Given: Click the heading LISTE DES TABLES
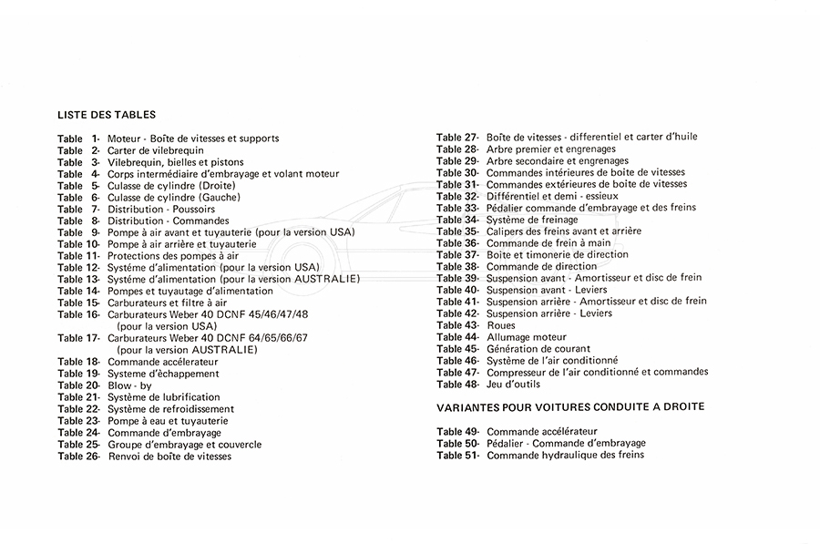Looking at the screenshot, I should [x=106, y=116].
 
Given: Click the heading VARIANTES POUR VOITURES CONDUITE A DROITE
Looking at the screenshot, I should [x=569, y=406].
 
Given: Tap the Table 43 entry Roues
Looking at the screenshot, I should [x=500, y=325].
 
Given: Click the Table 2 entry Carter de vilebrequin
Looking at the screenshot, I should [x=155, y=150].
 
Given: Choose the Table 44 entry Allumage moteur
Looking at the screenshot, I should [x=526, y=337].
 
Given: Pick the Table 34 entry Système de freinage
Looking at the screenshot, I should [x=532, y=220].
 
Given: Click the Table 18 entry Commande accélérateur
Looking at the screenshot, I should [x=163, y=362].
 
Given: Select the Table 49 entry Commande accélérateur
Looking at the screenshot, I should [x=542, y=431].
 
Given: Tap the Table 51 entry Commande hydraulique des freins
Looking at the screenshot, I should [x=565, y=455].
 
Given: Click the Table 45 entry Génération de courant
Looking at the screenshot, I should [x=538, y=349].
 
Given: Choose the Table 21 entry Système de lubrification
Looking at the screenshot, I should [x=163, y=397].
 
